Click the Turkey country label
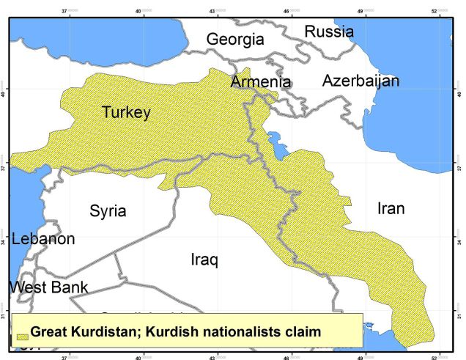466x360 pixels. [x=126, y=112]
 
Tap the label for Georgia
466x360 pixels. [x=234, y=40]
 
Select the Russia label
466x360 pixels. [x=329, y=32]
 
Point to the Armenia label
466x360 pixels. [x=261, y=81]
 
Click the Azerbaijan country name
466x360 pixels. [x=360, y=81]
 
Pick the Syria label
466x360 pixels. [x=108, y=211]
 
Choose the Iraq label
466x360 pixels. [x=204, y=260]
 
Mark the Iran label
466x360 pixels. [x=391, y=208]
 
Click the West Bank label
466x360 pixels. [x=48, y=287]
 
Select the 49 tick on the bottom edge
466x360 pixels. [x=360, y=356]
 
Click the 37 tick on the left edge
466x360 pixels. [x=4, y=167]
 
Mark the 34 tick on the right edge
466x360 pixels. [x=460, y=241]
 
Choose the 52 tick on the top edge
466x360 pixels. [x=434, y=11]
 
